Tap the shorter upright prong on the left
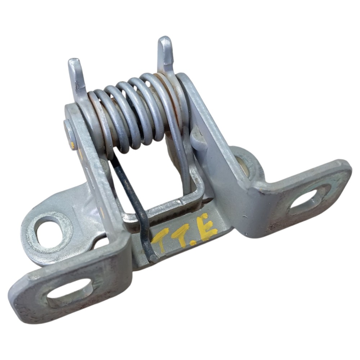[77, 76]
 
